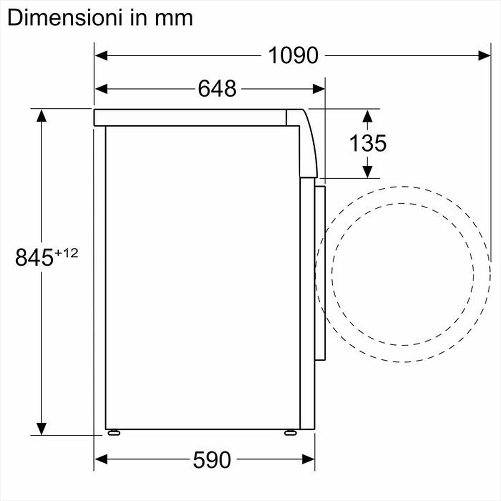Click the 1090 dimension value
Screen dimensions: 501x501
[x=293, y=55]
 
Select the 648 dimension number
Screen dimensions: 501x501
[x=217, y=89]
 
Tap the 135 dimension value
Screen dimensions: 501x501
[x=368, y=144]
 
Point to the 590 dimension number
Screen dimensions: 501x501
[x=212, y=460]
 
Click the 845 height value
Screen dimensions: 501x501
[x=34, y=258]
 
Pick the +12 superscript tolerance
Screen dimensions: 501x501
[x=67, y=254]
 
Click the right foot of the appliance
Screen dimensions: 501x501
[x=290, y=432]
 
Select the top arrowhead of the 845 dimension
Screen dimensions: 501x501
[x=41, y=117]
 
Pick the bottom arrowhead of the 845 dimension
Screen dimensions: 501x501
[x=41, y=428]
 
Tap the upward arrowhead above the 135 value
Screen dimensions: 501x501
[x=367, y=116]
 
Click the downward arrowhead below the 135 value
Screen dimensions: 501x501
[x=367, y=171]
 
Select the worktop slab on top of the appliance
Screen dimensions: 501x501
[x=190, y=117]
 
